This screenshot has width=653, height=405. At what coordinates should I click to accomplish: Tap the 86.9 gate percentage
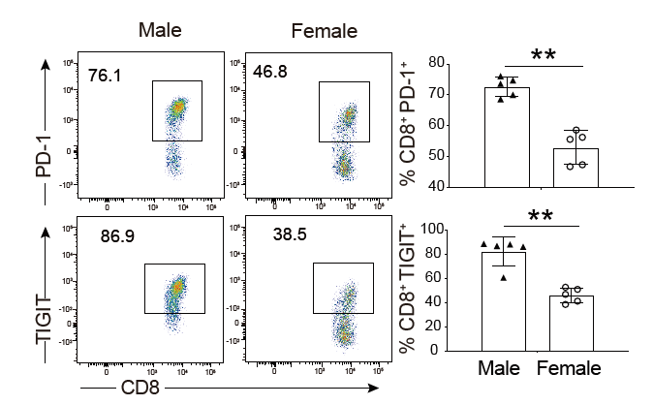(119, 234)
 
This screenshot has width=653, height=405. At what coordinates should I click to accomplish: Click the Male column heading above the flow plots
(160, 31)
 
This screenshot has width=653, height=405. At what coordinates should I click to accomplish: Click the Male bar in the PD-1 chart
(507, 136)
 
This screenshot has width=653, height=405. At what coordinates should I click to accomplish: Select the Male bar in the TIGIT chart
(504, 300)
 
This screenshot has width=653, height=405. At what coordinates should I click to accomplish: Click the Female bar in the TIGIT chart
(571, 323)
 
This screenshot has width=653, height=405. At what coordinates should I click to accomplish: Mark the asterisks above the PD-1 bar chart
(544, 55)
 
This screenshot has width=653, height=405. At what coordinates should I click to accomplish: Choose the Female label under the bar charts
(570, 368)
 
